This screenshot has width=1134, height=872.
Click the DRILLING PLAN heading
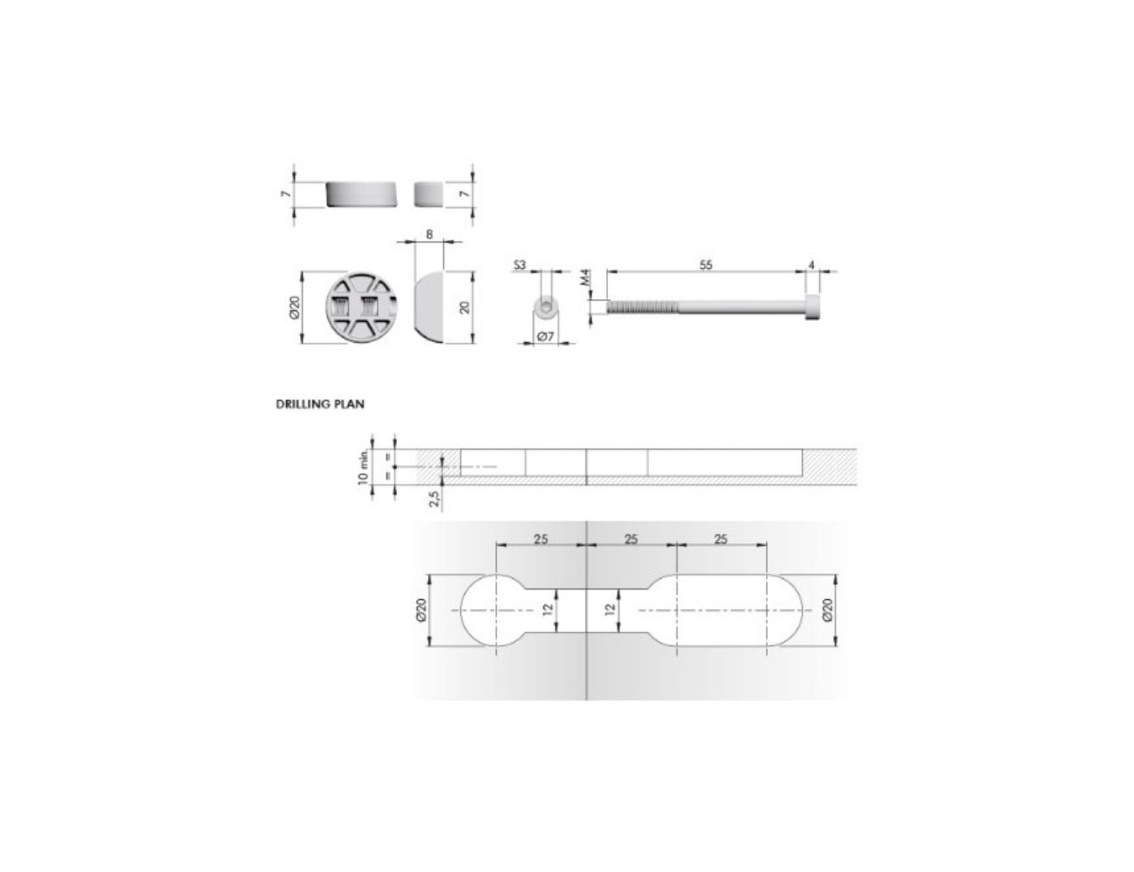[320, 404]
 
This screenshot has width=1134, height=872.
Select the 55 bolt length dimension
[705, 265]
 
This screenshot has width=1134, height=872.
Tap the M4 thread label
[585, 277]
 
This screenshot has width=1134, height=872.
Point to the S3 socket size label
[519, 265]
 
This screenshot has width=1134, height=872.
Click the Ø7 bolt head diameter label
[545, 337]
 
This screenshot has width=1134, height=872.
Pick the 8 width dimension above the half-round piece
[429, 235]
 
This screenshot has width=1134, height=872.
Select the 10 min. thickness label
[364, 467]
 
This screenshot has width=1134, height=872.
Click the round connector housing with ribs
[361, 307]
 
